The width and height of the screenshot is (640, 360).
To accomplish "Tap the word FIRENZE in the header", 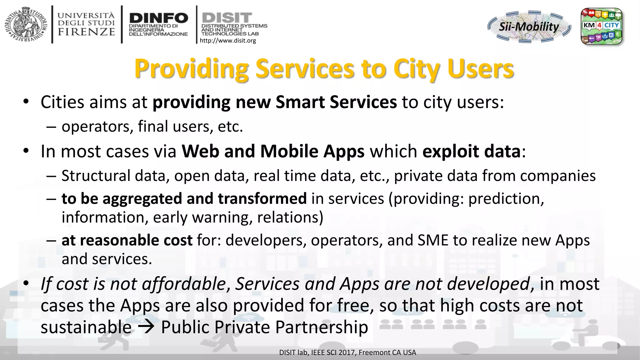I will click(86, 32).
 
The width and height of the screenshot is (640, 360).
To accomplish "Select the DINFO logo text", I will click(159, 18).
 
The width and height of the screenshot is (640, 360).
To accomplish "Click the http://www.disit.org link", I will click(228, 41).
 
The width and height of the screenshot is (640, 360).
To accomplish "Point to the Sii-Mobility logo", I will click(529, 27).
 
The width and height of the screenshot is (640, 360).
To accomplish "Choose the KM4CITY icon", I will click(601, 26).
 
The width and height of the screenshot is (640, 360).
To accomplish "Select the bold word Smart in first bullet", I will click(300, 102).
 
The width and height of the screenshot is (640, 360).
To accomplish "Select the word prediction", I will click(506, 199).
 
